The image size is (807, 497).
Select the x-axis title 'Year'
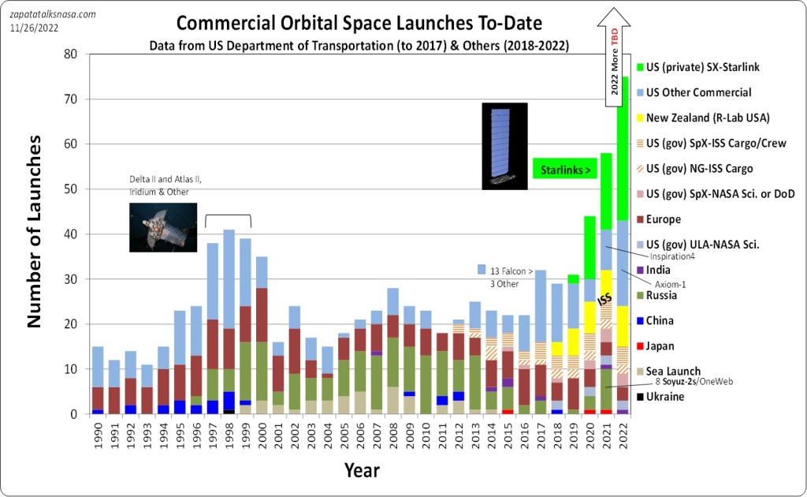click(361, 470)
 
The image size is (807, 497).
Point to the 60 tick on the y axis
click(73, 144)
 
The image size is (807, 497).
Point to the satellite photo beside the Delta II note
click(162, 226)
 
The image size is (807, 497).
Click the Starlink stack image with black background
click(504, 146)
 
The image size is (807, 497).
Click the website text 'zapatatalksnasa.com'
click(52, 13)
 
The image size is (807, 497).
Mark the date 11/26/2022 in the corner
click(35, 28)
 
